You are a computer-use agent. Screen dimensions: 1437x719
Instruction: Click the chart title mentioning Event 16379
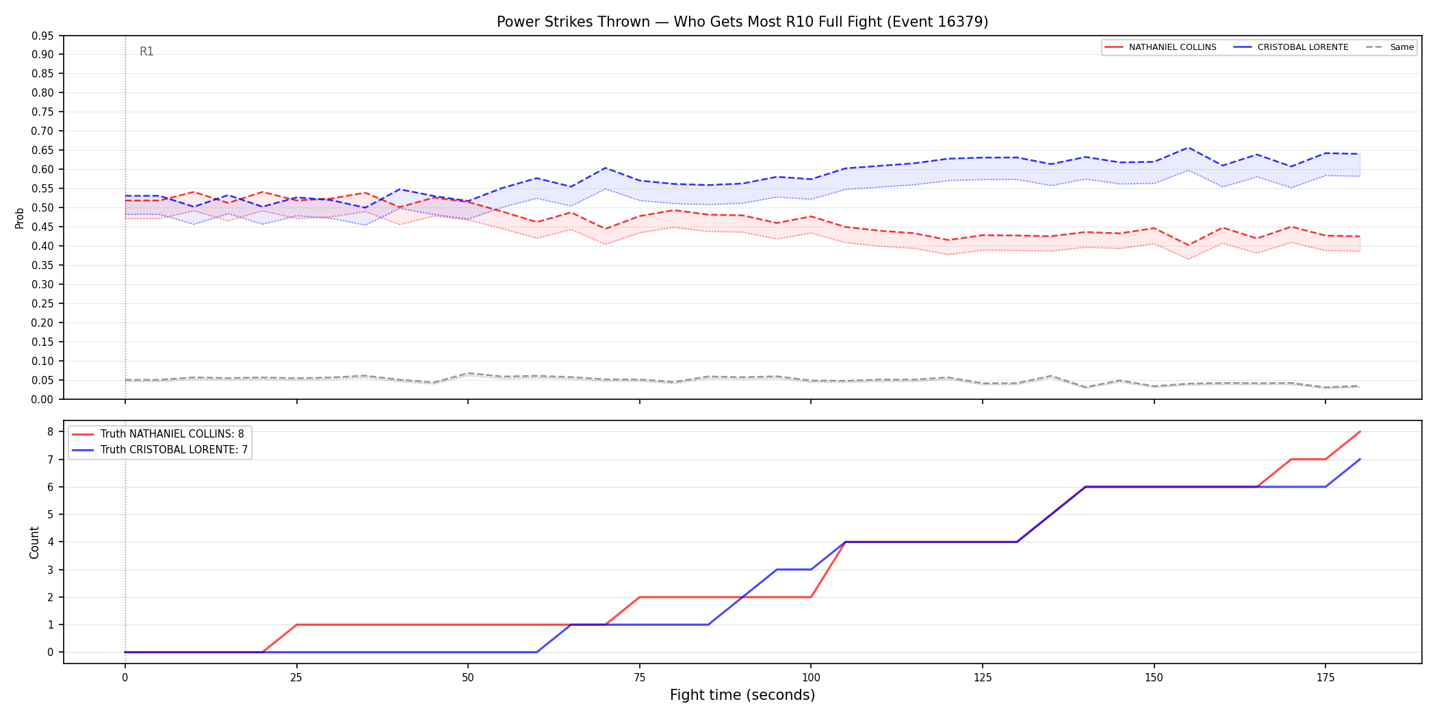(742, 22)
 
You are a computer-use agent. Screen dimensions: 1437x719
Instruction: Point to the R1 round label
(146, 51)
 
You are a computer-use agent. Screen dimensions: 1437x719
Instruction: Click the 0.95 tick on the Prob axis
(43, 36)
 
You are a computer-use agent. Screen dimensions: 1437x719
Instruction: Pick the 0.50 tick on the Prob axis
(43, 207)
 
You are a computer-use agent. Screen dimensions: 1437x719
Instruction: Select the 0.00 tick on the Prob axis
(43, 399)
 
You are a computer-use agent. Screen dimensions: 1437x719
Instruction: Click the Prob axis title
(19, 218)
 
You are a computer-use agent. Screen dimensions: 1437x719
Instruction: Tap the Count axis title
(34, 542)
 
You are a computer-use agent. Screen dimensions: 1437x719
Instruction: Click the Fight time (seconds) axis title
(742, 695)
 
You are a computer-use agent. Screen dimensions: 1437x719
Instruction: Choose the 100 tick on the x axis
(811, 678)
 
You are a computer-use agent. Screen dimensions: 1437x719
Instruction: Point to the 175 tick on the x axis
(1325, 678)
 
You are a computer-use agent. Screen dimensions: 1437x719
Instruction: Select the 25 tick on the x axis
(296, 678)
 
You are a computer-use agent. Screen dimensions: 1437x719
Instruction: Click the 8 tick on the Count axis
(50, 431)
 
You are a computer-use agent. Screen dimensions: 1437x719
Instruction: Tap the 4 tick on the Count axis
(50, 542)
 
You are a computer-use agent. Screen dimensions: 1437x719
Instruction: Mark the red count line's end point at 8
(1360, 431)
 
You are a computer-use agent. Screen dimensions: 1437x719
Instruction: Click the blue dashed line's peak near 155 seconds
(1189, 148)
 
